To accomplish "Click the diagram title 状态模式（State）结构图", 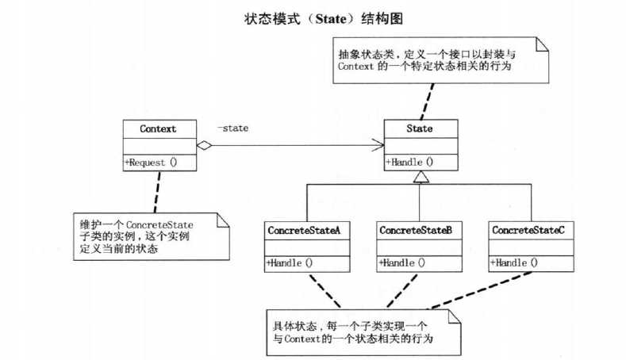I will (x=313, y=15).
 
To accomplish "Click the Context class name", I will (x=157, y=128).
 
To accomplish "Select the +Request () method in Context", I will (x=150, y=162).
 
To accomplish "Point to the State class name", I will (x=419, y=128).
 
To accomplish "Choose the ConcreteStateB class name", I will (x=416, y=230).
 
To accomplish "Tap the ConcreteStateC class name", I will (x=528, y=230).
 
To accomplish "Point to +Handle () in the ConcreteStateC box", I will (x=515, y=262).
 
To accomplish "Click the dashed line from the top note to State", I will (x=428, y=99).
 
